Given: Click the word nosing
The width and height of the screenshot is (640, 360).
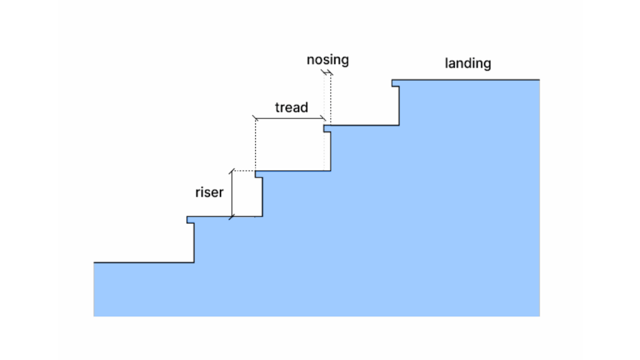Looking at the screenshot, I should (327, 60).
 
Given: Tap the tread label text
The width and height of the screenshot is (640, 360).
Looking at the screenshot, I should (291, 107).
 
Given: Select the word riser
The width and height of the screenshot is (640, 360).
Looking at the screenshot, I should (209, 192).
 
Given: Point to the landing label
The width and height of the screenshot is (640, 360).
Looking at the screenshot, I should (467, 63).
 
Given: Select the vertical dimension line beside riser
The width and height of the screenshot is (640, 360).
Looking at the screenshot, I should (232, 194).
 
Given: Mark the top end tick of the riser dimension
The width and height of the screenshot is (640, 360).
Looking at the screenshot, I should (232, 171).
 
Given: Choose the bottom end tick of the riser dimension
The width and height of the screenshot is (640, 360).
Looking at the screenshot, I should (232, 217).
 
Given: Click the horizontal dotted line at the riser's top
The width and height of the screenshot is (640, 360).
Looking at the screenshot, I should (244, 171).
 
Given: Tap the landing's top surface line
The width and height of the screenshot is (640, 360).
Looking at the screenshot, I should (469, 80).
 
